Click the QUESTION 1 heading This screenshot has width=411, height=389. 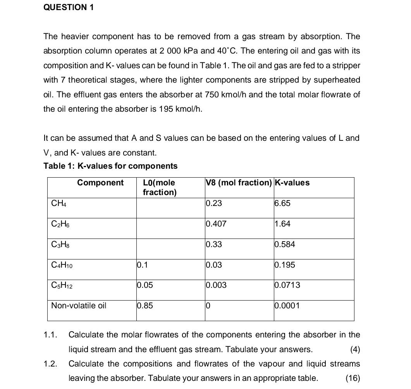[69, 7]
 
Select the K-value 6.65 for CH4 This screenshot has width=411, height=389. [282, 204]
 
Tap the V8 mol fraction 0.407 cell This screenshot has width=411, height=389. [216, 224]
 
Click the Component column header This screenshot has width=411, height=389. [100, 183]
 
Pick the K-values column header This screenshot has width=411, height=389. [292, 183]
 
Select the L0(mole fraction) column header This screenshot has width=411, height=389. [159, 187]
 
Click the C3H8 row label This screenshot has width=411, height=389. [61, 245]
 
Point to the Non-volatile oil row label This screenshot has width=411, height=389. [79, 306]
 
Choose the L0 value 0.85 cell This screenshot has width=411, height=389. [145, 306]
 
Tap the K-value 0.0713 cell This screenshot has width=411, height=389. [287, 285]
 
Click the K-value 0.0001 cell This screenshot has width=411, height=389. [287, 306]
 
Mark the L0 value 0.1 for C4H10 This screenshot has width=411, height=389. [142, 265]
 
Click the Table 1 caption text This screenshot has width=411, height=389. [110, 166]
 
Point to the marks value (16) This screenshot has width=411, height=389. [353, 379]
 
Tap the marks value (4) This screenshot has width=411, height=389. [355, 349]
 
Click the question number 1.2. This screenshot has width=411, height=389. [50, 364]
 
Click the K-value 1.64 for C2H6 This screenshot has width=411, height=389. [282, 224]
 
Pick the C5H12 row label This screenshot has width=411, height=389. [62, 285]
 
